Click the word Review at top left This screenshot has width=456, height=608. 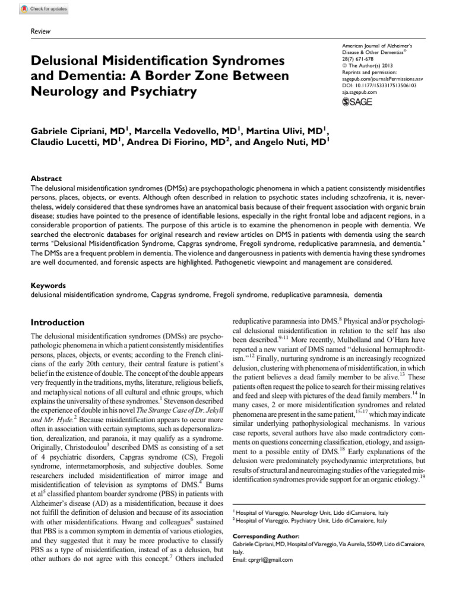(x=40, y=31)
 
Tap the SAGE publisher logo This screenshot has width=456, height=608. (x=356, y=103)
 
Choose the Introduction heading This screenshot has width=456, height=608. (x=57, y=322)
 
